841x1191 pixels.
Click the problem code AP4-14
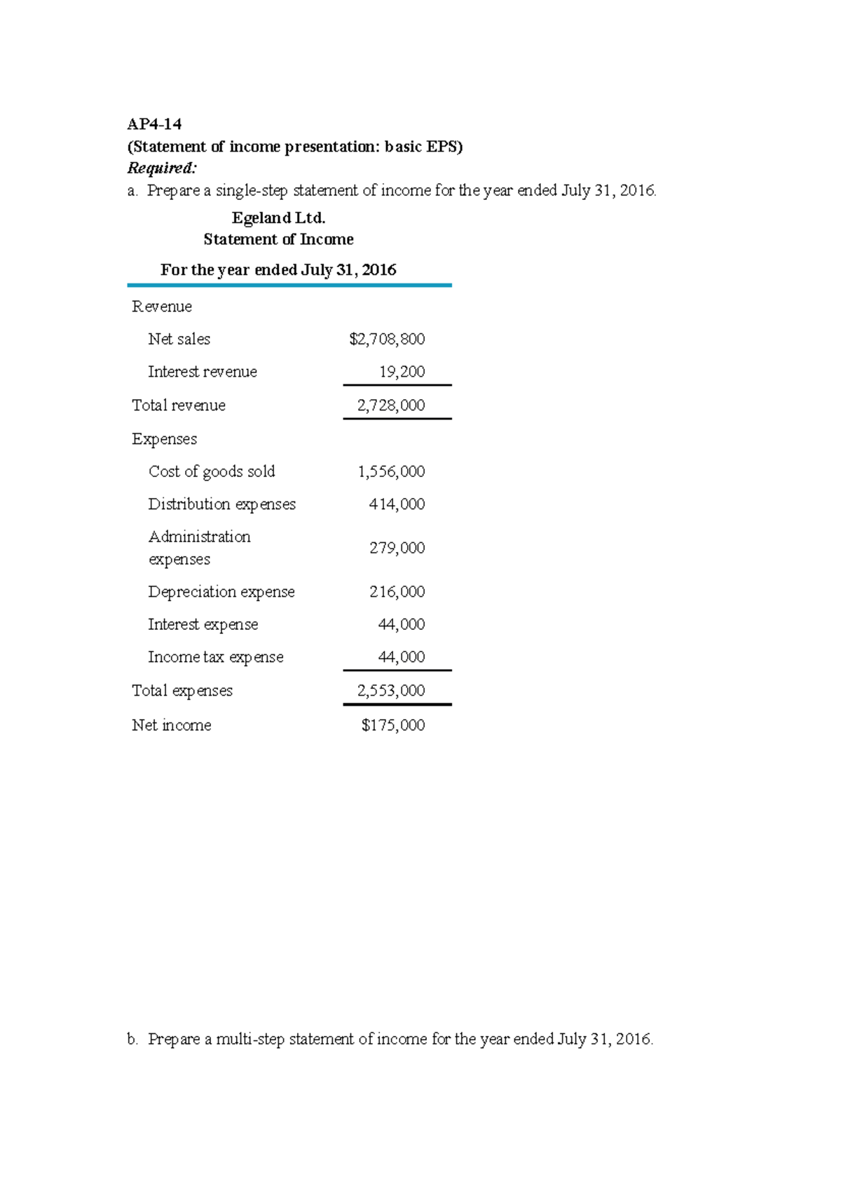click(154, 125)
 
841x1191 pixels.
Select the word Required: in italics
click(162, 168)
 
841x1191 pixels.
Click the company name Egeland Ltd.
click(278, 218)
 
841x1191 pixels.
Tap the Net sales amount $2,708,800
click(387, 339)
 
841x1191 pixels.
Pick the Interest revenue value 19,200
click(402, 372)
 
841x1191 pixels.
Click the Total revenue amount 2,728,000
click(391, 405)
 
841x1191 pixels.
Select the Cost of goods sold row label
click(212, 471)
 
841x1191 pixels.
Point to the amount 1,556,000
click(391, 471)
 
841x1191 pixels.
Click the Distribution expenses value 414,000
click(397, 504)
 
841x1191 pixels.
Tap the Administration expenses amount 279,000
click(397, 548)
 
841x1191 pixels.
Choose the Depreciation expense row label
click(221, 592)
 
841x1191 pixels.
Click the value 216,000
click(397, 592)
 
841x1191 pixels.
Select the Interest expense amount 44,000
click(401, 624)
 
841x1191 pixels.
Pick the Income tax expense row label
click(216, 657)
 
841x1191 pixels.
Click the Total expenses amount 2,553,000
click(391, 691)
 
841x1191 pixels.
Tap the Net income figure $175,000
click(392, 725)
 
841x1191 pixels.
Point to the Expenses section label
click(165, 439)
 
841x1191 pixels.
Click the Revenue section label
click(162, 307)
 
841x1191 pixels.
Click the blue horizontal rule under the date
click(289, 285)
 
